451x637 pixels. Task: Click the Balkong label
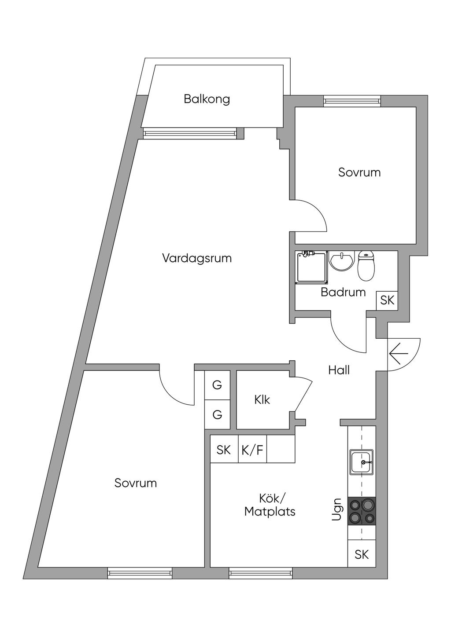[207, 99]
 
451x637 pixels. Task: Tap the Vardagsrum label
[197, 258]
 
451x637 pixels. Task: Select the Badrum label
[343, 292]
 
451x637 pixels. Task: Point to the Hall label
[339, 370]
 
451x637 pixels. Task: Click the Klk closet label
[262, 399]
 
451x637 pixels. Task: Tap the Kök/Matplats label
[270, 505]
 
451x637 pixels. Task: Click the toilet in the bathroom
[366, 266]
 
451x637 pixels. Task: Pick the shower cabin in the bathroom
[312, 267]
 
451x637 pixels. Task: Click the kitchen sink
[361, 462]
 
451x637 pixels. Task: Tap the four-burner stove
[362, 511]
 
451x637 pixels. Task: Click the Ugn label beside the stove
[337, 509]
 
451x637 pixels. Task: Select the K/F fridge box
[252, 450]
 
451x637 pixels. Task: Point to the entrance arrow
[399, 353]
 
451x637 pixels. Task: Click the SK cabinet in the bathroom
[387, 300]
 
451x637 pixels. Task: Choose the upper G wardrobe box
[217, 385]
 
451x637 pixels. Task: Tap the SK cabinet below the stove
[362, 554]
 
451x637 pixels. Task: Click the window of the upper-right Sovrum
[352, 101]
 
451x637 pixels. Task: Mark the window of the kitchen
[261, 573]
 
